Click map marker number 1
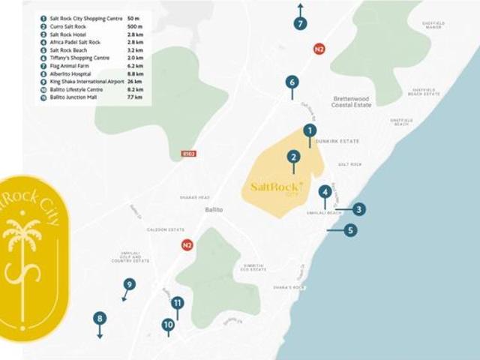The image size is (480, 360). (310, 130)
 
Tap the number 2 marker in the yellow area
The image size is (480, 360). (293, 157)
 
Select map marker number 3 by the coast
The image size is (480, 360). (359, 209)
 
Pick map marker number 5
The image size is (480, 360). (350, 230)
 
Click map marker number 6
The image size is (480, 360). (292, 82)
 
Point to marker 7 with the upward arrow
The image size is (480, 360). (300, 23)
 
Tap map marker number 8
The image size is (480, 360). (100, 319)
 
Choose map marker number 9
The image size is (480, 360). (130, 284)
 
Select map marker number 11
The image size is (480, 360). (178, 303)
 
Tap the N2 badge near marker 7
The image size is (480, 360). (319, 49)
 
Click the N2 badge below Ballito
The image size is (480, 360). (187, 244)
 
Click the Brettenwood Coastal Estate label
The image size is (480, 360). (352, 101)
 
